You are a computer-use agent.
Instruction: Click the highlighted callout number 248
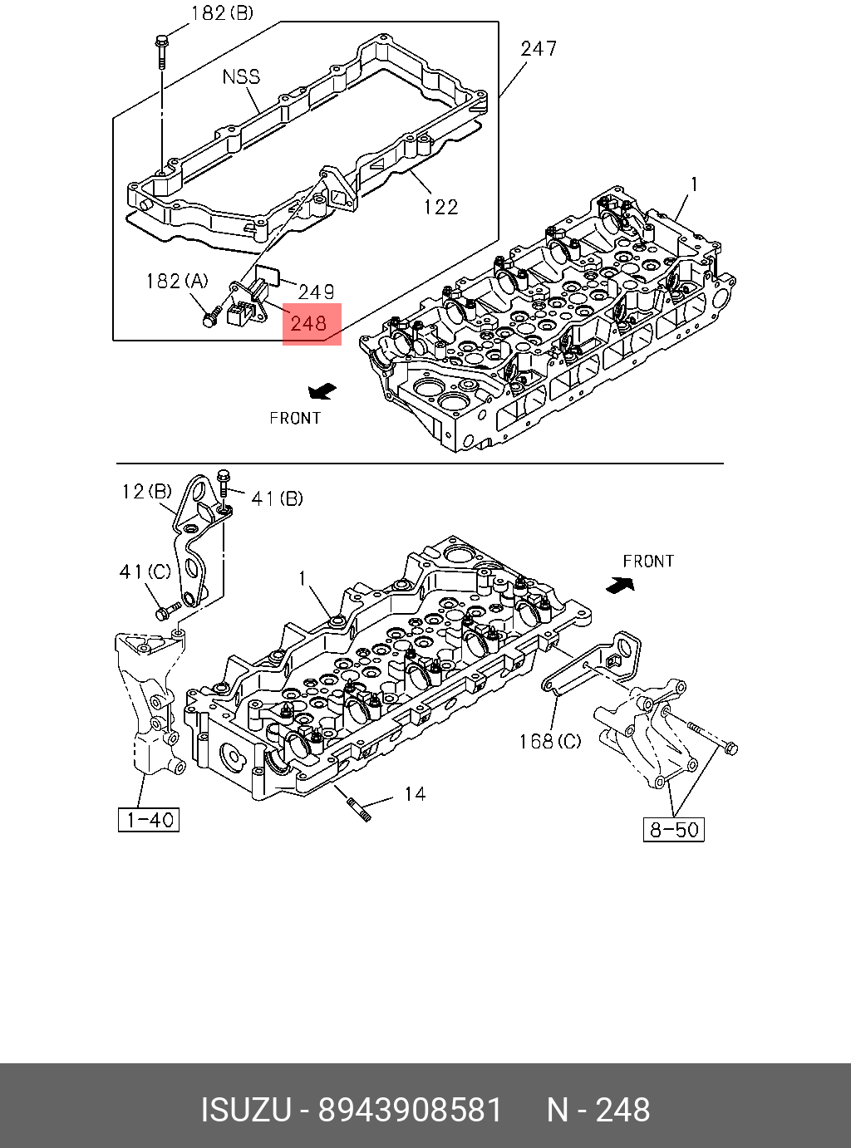coord(312,323)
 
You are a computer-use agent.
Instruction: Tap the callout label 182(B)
coord(222,13)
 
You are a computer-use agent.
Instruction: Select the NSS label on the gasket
coord(241,77)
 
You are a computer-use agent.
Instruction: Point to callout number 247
coord(539,49)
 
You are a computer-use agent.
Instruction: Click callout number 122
coord(440,207)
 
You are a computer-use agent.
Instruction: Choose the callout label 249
coord(316,292)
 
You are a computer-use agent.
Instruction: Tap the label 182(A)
coord(177,282)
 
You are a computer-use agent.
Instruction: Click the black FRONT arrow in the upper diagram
coord(322,390)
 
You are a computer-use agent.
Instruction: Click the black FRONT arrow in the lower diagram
coord(620,585)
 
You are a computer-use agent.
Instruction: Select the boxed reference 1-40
coord(149,820)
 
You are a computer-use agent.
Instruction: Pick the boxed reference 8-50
coord(674,829)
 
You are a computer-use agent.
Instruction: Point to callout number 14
coord(415,795)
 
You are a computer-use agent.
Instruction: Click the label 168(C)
coord(550,740)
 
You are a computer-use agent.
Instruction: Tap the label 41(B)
coord(277,498)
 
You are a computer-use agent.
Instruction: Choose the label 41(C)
coord(145,572)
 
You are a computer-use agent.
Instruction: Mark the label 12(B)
coord(146,492)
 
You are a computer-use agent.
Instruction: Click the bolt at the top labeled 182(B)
coord(160,50)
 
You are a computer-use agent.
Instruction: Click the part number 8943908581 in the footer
coord(411,1111)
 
